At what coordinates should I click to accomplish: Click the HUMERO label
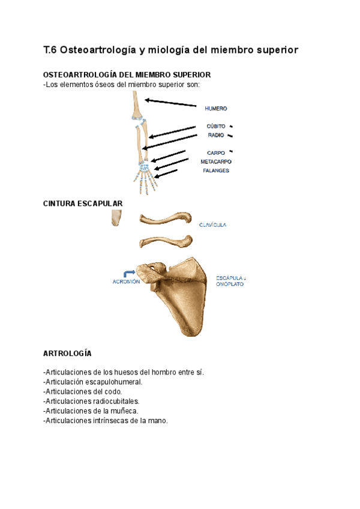[215, 109]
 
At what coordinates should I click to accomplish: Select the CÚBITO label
[216, 126]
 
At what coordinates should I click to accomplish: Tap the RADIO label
[216, 135]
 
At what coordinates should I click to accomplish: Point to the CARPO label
[216, 152]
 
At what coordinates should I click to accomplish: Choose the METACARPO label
[216, 161]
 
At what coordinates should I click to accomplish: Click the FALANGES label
[215, 170]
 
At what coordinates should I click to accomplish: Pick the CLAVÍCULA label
[212, 225]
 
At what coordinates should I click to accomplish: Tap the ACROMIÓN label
[126, 282]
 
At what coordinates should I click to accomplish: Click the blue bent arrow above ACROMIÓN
[128, 273]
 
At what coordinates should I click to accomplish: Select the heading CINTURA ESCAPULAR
[83, 203]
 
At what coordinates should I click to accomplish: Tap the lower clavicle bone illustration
[166, 241]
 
